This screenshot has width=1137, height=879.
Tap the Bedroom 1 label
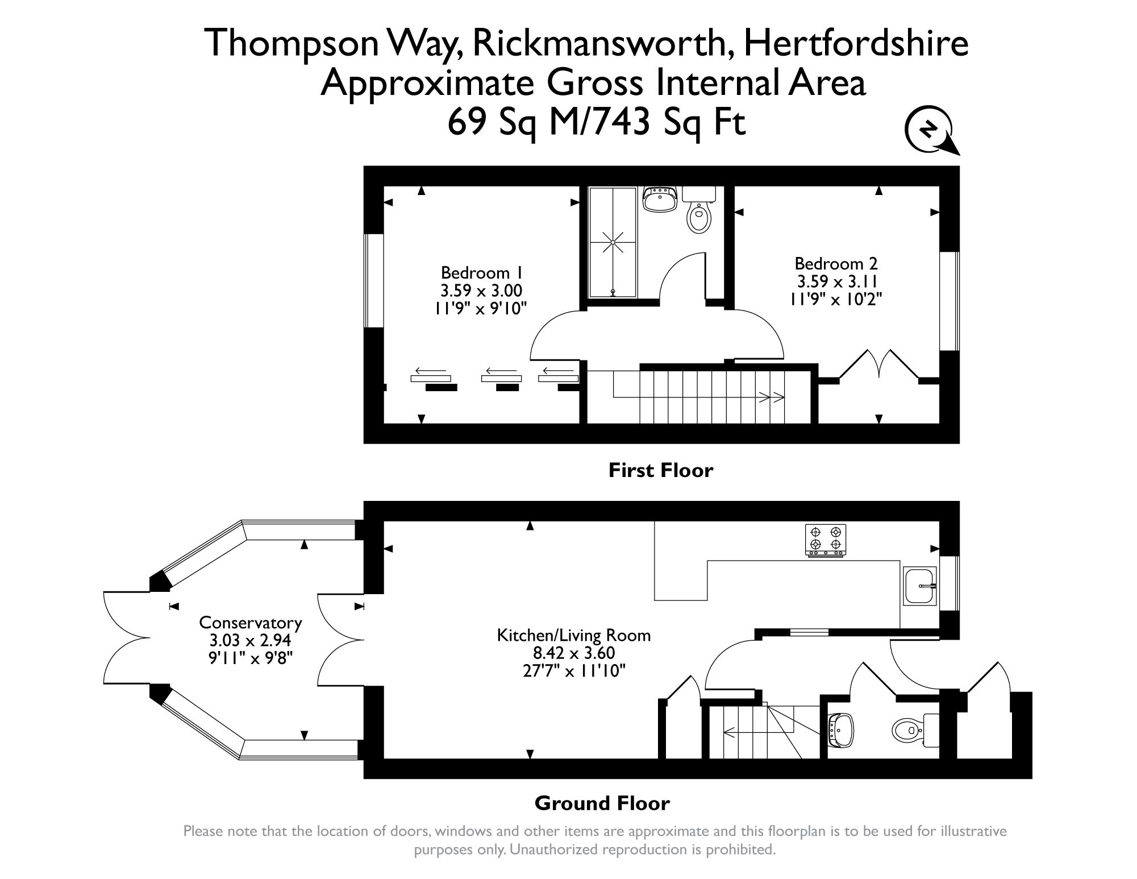click(x=481, y=272)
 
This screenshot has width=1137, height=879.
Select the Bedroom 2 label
click(x=836, y=264)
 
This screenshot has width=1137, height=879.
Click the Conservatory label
click(x=250, y=623)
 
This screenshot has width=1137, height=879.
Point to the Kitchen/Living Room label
click(x=573, y=635)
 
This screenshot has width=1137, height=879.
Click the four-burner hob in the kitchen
click(x=825, y=539)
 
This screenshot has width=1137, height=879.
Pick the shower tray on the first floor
click(x=613, y=242)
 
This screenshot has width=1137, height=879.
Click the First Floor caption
click(x=660, y=470)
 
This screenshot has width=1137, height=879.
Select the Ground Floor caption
click(x=602, y=803)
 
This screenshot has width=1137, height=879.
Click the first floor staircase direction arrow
click(x=773, y=397)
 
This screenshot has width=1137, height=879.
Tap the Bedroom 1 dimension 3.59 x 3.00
click(x=481, y=291)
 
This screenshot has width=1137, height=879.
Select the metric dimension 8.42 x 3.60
click(x=573, y=653)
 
